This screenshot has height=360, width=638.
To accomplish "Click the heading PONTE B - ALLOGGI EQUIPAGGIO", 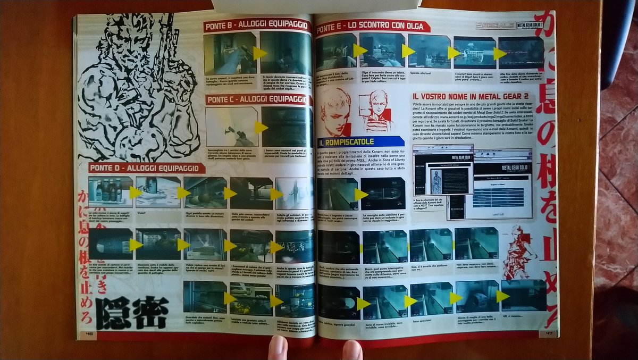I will coord(256,26).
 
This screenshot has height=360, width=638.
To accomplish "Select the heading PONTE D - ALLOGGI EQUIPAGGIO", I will coord(147,168).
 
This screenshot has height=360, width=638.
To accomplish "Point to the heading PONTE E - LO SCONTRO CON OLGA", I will coord(373,27).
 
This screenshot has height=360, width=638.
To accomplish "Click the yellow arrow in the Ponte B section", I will coord(259,53).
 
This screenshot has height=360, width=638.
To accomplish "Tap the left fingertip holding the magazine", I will coord(278,348).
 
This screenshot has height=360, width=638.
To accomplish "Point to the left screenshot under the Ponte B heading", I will coord(230,54).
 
